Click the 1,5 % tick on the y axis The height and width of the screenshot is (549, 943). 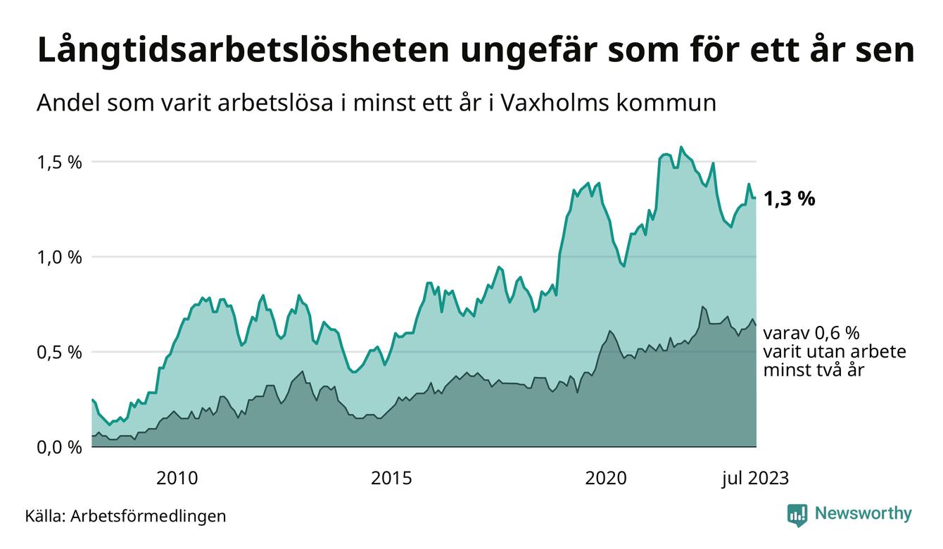tap(59, 163)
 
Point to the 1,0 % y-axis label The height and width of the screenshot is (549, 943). tap(59, 258)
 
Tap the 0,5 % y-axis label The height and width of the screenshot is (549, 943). tap(59, 352)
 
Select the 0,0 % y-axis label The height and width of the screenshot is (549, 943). tap(59, 447)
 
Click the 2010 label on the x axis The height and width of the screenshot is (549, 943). tap(177, 479)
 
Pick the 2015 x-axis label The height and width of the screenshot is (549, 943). tap(391, 479)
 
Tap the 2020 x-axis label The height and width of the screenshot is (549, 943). tap(606, 479)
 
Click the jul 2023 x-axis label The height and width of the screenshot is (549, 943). tap(755, 479)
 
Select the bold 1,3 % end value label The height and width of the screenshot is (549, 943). tap(790, 199)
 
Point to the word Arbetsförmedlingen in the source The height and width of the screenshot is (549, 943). tap(148, 516)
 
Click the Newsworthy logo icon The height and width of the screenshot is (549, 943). tap(797, 515)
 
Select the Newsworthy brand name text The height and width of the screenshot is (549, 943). tap(863, 514)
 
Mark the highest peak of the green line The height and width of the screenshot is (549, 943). tap(681, 147)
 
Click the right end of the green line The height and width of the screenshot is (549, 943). tap(756, 198)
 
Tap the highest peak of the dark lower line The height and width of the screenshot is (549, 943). tap(702, 307)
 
